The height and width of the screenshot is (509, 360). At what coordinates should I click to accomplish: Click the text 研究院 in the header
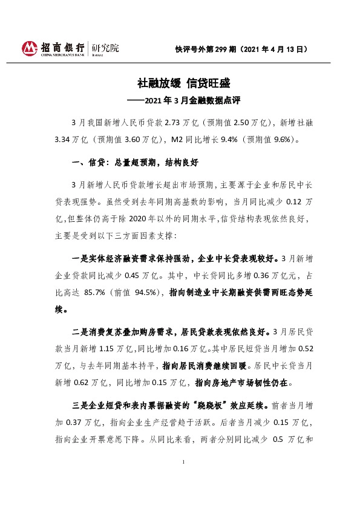(x=105, y=47)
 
